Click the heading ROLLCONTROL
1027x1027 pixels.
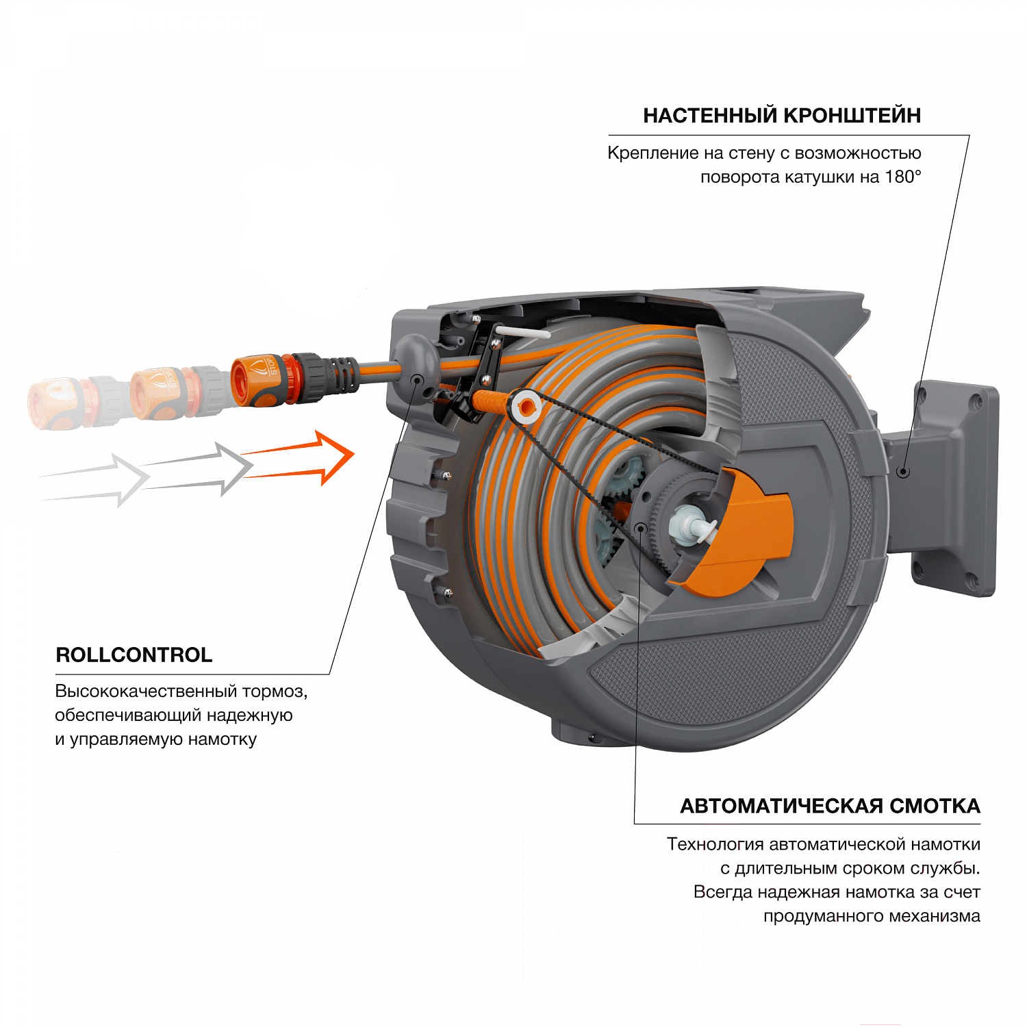134,655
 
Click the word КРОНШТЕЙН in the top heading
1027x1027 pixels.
852,116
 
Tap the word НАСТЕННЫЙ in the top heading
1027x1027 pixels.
710,116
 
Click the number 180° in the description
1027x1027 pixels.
902,177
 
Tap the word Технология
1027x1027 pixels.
715,844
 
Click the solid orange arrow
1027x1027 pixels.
308,457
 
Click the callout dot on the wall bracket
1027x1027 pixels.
903,472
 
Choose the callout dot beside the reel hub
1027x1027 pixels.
640,527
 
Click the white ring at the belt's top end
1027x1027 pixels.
527,408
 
